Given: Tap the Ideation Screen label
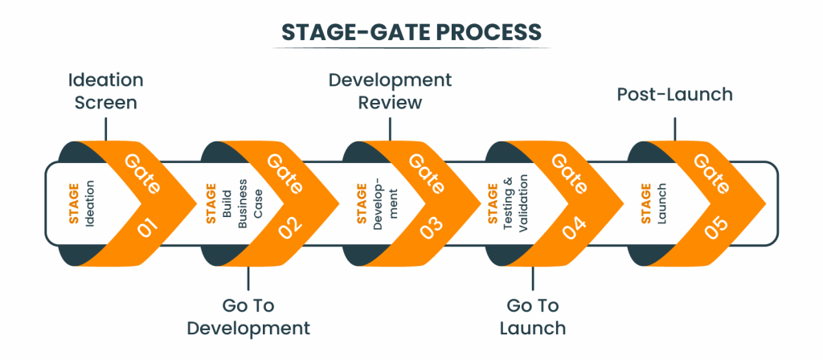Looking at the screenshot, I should (x=105, y=92).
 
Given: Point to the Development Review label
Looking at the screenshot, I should (x=390, y=92).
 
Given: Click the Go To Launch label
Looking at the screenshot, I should (x=532, y=317).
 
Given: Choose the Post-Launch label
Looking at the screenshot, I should (x=674, y=94).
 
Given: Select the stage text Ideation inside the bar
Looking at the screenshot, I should (x=90, y=203).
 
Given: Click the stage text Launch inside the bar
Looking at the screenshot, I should (x=662, y=203).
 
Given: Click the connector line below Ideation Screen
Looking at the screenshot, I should (x=105, y=129).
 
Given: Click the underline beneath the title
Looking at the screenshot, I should (x=411, y=48).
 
